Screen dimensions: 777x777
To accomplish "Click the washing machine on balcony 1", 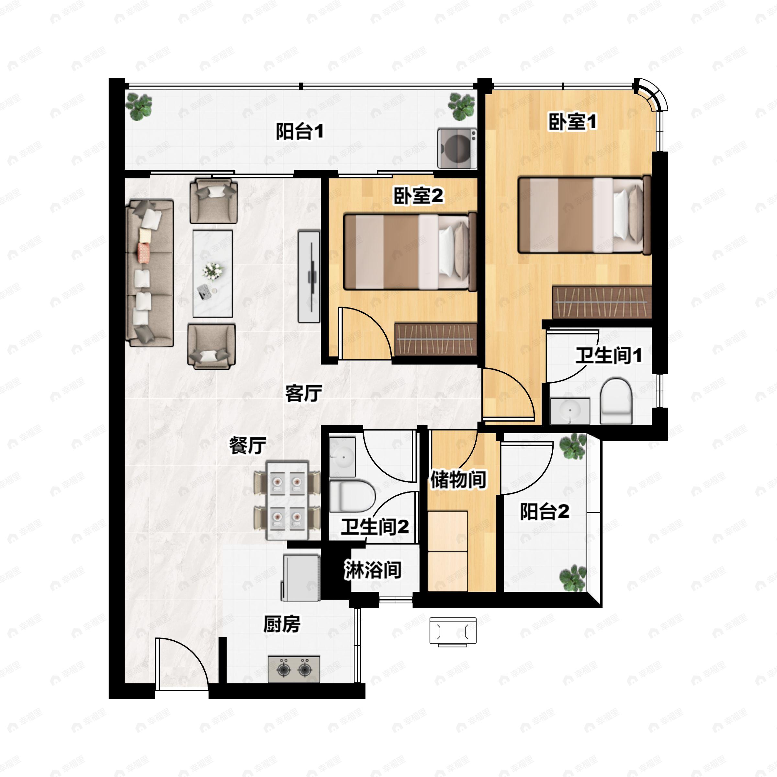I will click(456, 148).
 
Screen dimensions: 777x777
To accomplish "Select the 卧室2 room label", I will click(418, 196).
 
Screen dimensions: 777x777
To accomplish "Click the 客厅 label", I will click(304, 393).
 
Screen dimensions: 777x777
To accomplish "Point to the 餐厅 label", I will click(248, 445).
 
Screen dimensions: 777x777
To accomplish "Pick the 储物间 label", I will click(458, 479).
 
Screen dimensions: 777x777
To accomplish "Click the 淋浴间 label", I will click(373, 570).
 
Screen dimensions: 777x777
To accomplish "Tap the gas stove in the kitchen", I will click(294, 669).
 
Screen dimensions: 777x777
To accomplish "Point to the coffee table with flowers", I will click(212, 274).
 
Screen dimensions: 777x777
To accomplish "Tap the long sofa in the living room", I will click(149, 274).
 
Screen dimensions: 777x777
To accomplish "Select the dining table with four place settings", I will click(287, 500).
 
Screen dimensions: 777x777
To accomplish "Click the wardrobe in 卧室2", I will click(435, 339).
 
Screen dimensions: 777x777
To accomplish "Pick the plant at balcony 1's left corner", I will click(139, 106).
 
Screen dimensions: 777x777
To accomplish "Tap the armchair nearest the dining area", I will click(211, 345).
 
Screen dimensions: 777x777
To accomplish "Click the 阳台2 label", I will click(545, 512).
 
